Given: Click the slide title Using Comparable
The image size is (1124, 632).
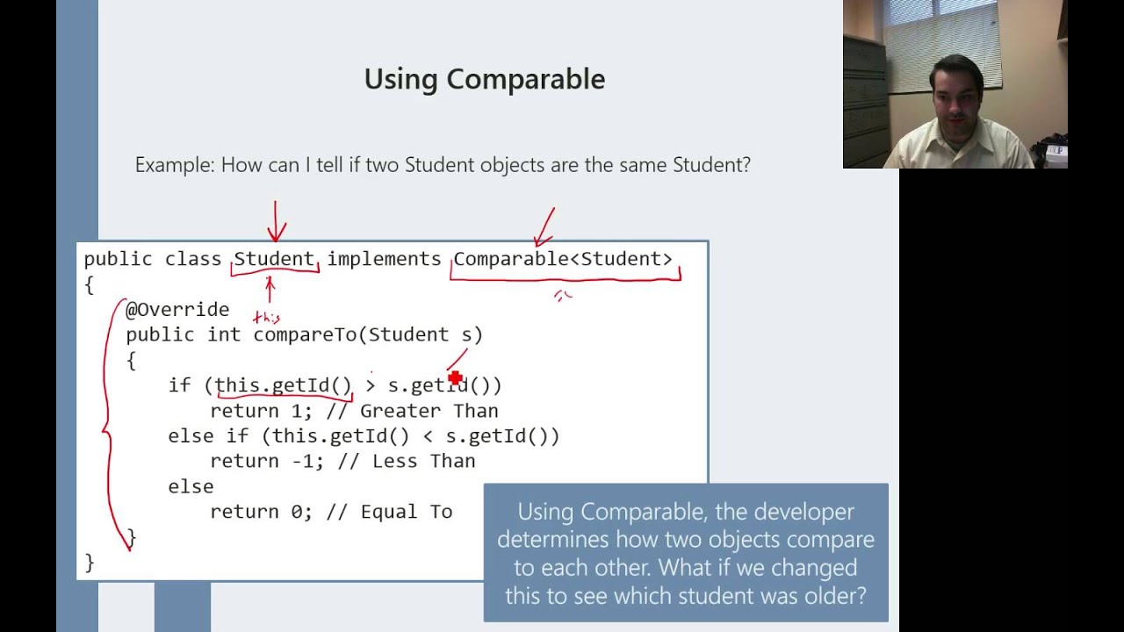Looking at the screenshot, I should click(484, 79).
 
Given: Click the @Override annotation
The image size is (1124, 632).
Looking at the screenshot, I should click(177, 309).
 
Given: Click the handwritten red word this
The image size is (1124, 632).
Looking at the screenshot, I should click(266, 318).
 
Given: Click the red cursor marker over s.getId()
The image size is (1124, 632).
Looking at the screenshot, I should click(455, 378).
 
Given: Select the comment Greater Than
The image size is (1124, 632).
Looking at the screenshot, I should click(429, 411).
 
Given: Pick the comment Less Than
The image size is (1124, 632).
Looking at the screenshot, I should click(423, 461).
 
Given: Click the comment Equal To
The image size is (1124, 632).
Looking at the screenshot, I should click(406, 512).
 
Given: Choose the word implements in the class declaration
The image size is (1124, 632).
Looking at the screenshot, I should click(384, 259).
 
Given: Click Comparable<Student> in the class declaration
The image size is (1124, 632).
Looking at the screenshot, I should click(563, 259).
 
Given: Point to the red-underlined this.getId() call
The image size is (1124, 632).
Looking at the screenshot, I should click(283, 385).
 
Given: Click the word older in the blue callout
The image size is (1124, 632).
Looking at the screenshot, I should click(837, 596).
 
